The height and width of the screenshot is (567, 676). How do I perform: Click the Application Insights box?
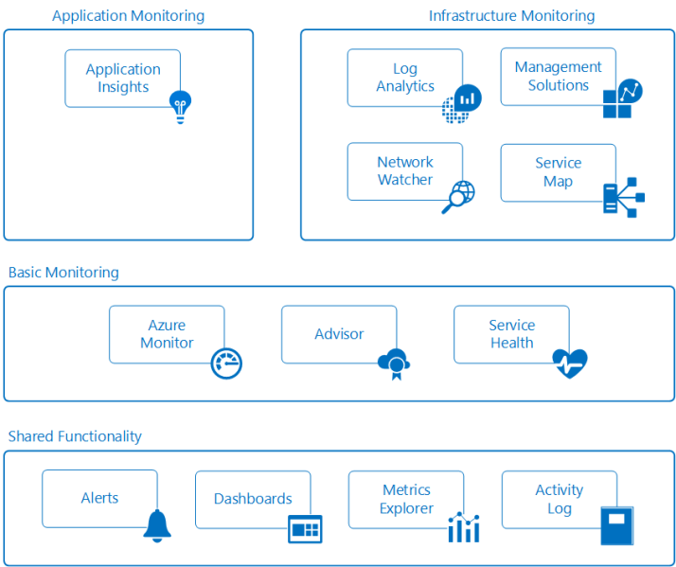pos(122,78)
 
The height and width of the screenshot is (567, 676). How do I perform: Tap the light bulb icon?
pos(179,107)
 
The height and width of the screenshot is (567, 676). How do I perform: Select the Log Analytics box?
pos(404,78)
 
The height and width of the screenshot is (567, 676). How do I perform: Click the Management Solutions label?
pos(558,76)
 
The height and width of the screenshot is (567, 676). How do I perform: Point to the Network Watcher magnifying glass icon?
pos(458,197)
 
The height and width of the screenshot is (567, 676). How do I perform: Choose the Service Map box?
pos(558,172)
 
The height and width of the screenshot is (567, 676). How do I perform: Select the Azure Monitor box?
pos(167,334)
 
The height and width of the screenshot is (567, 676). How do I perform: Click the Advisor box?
pos(339,334)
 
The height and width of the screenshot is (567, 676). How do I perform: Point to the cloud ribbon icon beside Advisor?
pos(393,363)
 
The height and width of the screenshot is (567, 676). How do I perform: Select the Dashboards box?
pos(253,499)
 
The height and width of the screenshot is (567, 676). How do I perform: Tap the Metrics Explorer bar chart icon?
pos(464,527)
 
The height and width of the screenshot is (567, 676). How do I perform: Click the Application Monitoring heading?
pos(128,16)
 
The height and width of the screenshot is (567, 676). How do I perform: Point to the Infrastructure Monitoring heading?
pos(511,16)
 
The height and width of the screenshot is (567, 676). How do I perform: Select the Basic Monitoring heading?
pos(63,273)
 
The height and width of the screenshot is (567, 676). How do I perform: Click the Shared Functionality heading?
pos(75,436)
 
